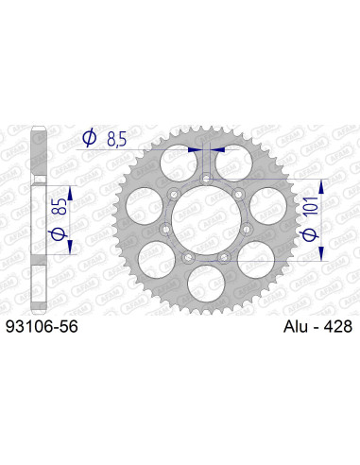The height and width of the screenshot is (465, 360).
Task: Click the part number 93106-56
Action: pyautogui.click(x=42, y=326)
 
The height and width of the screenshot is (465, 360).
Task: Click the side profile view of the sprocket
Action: pyautogui.click(x=35, y=217)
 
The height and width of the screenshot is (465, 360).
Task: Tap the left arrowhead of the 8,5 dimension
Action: pyautogui.click(x=195, y=148)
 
